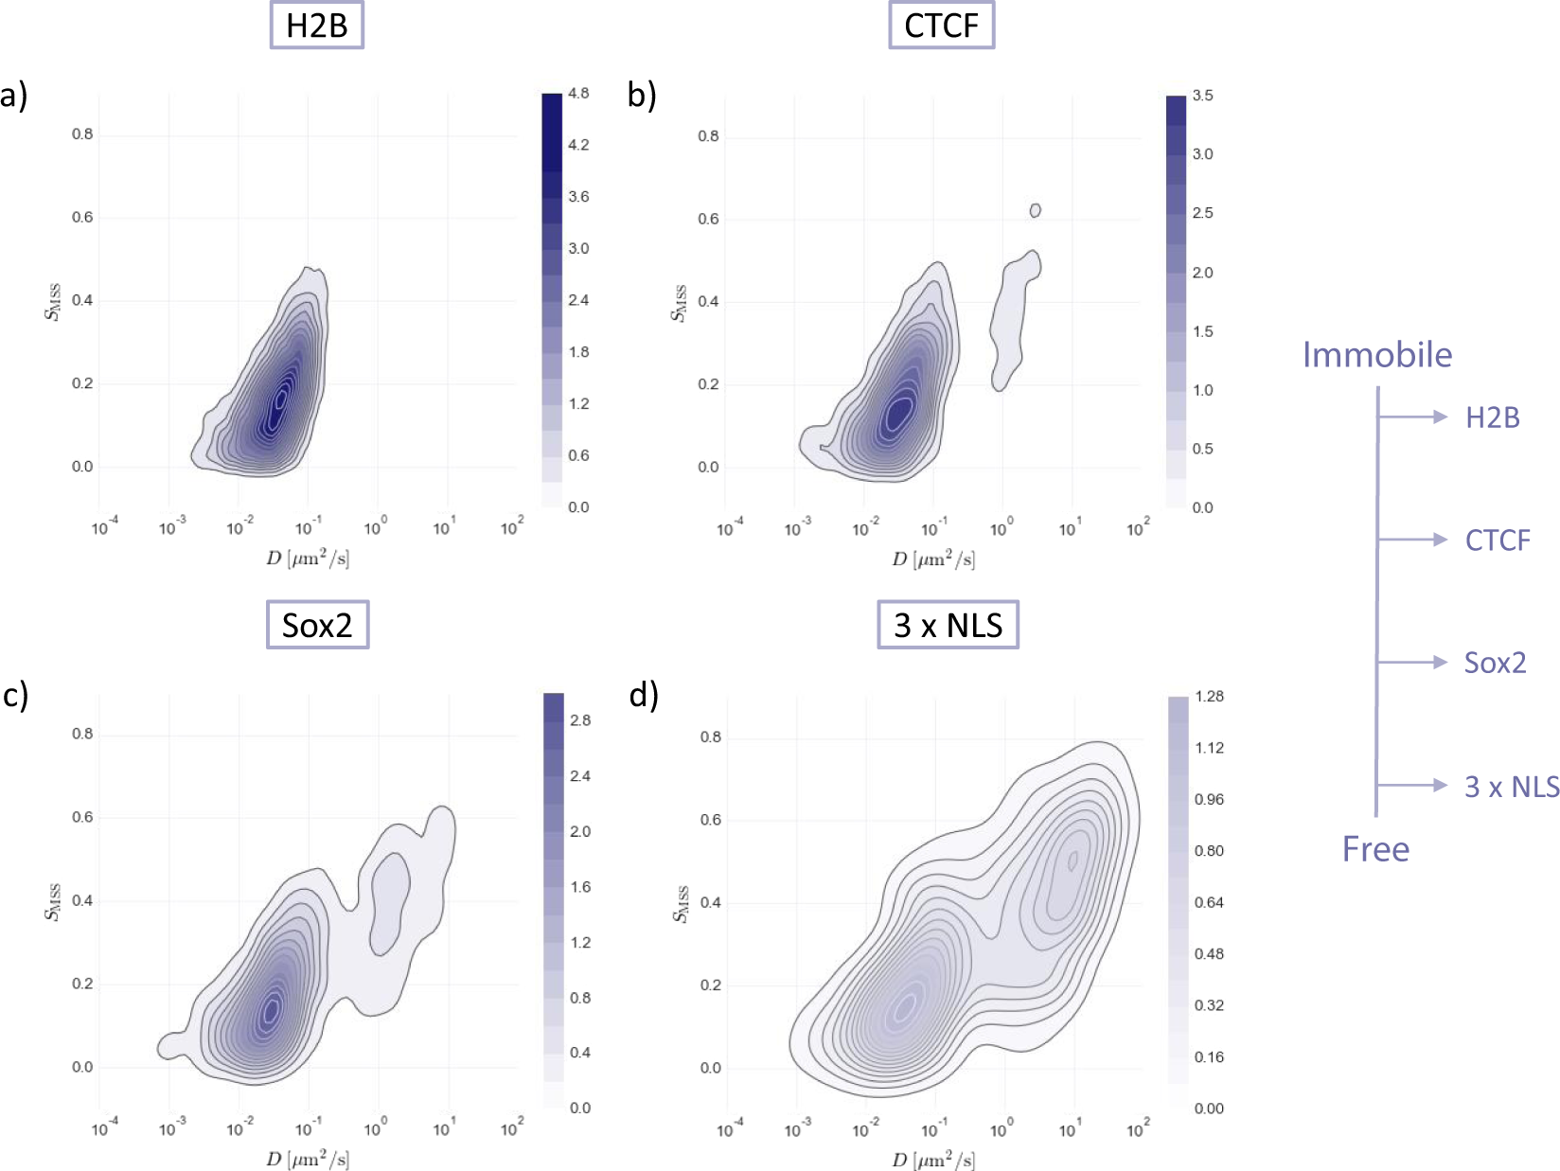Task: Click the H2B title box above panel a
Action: click(x=316, y=26)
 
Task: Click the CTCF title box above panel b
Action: click(x=941, y=26)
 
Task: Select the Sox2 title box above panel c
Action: click(x=317, y=625)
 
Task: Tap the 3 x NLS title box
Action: click(x=948, y=625)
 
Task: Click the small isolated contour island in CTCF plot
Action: click(x=1035, y=210)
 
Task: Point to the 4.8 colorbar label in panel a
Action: click(x=578, y=93)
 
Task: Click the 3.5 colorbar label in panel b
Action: click(x=1202, y=96)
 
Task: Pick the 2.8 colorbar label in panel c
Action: click(x=580, y=720)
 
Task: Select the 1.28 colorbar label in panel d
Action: click(x=1209, y=697)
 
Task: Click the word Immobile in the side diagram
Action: click(x=1376, y=355)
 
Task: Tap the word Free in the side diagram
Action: click(x=1375, y=849)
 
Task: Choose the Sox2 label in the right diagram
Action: click(x=1495, y=663)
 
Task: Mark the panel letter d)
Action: click(x=644, y=695)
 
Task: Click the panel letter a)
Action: click(x=14, y=96)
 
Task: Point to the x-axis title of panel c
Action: click(x=308, y=1159)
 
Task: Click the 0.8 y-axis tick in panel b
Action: click(x=708, y=136)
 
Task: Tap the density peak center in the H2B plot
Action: click(x=279, y=400)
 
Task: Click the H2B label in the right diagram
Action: click(x=1492, y=417)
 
